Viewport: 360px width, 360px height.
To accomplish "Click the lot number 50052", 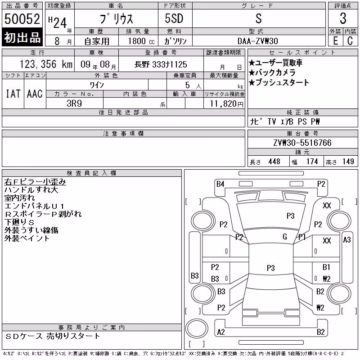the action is (x=22, y=19).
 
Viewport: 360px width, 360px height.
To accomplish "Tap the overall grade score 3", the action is (x=343, y=18).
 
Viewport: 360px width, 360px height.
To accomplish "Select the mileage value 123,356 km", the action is (x=46, y=64).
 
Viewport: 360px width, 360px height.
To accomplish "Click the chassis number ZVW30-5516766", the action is (x=302, y=143).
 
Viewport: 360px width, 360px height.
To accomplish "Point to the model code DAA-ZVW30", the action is (x=257, y=41).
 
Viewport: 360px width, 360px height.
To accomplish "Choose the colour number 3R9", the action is (x=74, y=103).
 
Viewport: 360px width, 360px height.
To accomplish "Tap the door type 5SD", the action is (x=174, y=18).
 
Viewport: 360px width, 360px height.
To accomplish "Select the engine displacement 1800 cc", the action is (x=141, y=41).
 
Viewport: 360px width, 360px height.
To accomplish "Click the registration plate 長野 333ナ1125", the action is (x=161, y=64).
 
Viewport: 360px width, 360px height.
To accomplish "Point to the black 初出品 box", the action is (x=22, y=37).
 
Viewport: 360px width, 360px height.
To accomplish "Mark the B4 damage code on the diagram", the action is (x=220, y=184).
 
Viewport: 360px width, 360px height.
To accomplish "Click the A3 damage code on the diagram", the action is (x=347, y=240).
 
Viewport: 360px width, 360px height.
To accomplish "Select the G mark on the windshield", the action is (x=285, y=237).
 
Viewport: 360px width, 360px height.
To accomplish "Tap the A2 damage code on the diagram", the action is (x=221, y=332).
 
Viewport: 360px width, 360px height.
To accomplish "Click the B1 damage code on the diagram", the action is (x=326, y=267).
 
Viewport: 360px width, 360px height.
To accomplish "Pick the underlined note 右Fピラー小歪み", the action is (x=35, y=182).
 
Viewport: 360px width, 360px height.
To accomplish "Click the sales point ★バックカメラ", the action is (x=272, y=72).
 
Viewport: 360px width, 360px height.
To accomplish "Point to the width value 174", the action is (x=312, y=162).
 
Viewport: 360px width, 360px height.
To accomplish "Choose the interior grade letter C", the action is (x=350, y=41).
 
